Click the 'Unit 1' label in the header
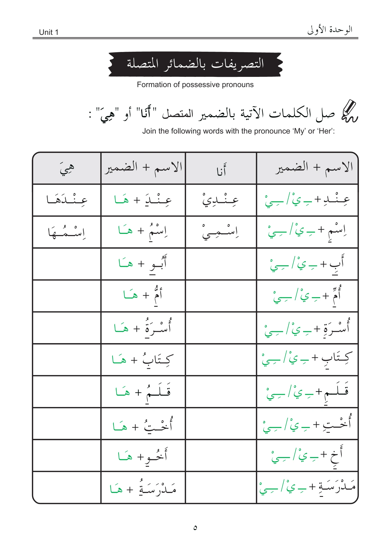pos(49,32)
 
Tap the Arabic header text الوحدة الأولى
pos(330,30)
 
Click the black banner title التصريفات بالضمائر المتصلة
pos(195,64)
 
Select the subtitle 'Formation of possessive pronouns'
pos(195,85)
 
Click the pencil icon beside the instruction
pos(349,112)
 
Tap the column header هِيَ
pos(67,168)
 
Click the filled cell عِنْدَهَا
pos(67,200)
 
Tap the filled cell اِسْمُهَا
pos(67,232)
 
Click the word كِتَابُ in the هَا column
pos(158,360)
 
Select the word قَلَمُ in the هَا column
pos(158,392)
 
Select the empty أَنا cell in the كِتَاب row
pos(221,360)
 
